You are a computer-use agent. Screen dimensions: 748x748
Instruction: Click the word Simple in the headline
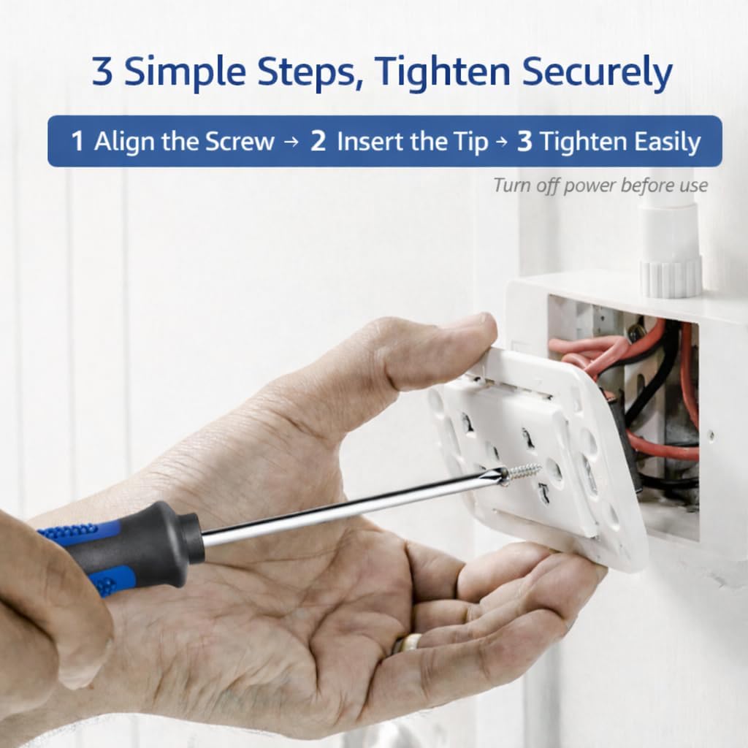point(185,72)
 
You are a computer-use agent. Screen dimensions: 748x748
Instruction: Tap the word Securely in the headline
point(597,72)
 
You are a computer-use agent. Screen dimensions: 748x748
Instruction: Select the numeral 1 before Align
point(77,142)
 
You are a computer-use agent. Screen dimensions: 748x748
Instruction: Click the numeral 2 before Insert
point(318,141)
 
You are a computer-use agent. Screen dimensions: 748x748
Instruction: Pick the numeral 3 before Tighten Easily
point(524,141)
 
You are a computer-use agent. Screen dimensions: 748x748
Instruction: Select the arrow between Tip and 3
point(501,142)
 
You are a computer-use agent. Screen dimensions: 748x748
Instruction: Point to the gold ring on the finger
point(405,644)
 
